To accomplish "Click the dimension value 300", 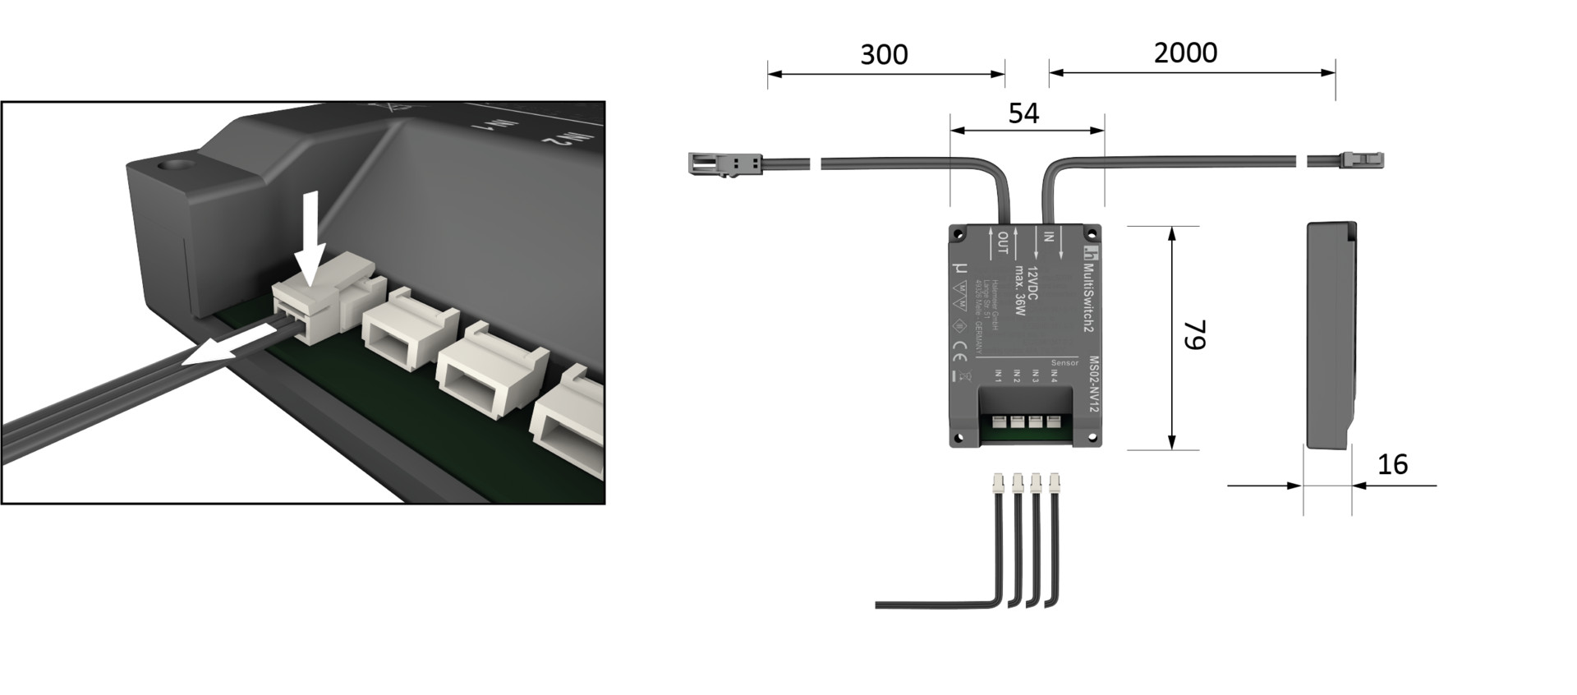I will click(884, 55).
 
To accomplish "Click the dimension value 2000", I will click(1185, 53).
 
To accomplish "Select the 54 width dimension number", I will click(1023, 113).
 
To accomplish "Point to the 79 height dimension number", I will click(1194, 335).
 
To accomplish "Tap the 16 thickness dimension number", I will click(1392, 465).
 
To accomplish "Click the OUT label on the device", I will click(1003, 242).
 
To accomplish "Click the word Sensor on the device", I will click(1064, 362).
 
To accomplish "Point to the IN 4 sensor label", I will click(1054, 376).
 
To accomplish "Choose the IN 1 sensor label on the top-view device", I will click(999, 376).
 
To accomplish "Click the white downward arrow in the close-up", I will click(310, 238).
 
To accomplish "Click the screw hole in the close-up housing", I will click(175, 166).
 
